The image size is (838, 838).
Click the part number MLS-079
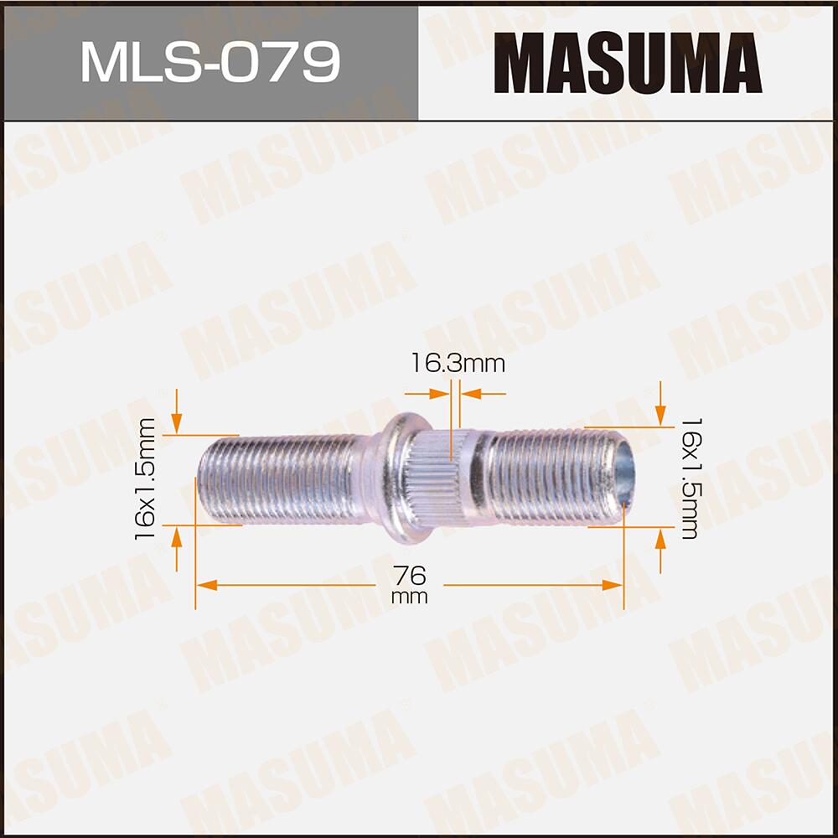pyautogui.click(x=209, y=62)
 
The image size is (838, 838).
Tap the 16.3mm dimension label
pyautogui.click(x=458, y=364)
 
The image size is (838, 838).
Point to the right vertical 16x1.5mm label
pyautogui.click(x=690, y=478)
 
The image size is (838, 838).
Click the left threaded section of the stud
pyautogui.click(x=285, y=480)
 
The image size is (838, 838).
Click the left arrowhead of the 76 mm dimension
pyautogui.click(x=205, y=585)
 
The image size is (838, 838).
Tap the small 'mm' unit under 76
pyautogui.click(x=409, y=597)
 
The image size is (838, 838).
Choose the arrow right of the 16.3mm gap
pyautogui.click(x=469, y=392)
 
